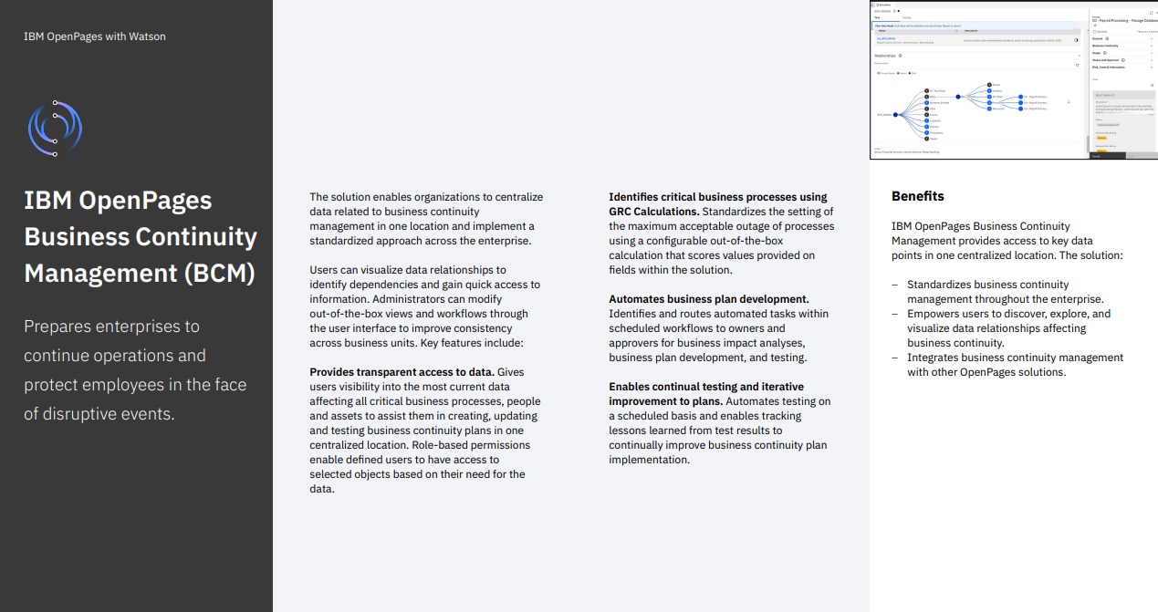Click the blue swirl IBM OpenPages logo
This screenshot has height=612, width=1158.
point(55,128)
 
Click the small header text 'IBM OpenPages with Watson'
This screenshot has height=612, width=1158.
point(95,36)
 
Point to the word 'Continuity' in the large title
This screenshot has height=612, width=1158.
point(196,236)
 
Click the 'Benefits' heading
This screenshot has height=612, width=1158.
point(917,196)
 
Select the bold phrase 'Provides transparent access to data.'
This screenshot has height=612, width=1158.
point(402,372)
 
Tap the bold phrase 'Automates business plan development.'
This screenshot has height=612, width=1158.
point(709,299)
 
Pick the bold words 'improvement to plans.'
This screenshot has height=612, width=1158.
point(665,401)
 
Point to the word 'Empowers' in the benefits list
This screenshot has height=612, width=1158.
point(932,314)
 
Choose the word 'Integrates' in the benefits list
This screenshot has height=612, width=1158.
point(934,358)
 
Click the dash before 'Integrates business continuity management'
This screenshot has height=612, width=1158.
point(895,358)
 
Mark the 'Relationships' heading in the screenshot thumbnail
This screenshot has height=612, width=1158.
point(885,56)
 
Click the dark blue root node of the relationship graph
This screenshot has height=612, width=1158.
point(896,115)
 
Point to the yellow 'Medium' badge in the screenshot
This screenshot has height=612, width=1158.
point(1101,138)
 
